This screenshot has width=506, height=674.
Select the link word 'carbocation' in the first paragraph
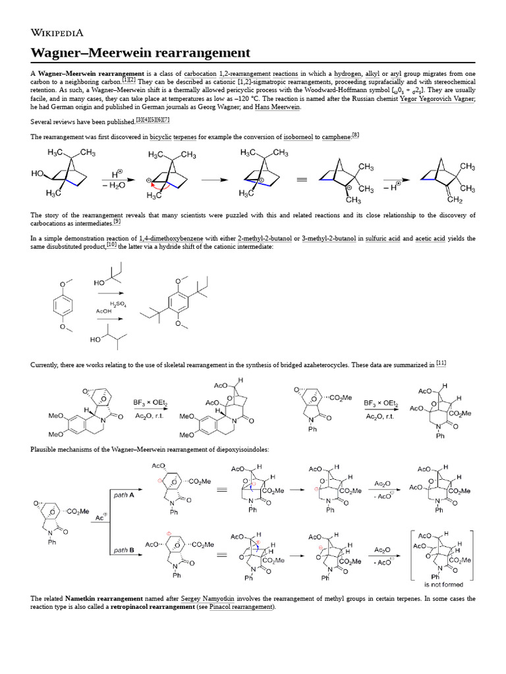point(199,73)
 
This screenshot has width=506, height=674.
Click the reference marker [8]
point(355,135)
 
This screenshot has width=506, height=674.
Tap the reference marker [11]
point(441,363)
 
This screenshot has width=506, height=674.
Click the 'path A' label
point(120,495)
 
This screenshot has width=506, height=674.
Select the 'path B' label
point(120,550)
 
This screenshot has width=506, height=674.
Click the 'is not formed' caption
point(443,584)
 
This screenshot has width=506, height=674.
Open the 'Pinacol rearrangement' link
point(240,607)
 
